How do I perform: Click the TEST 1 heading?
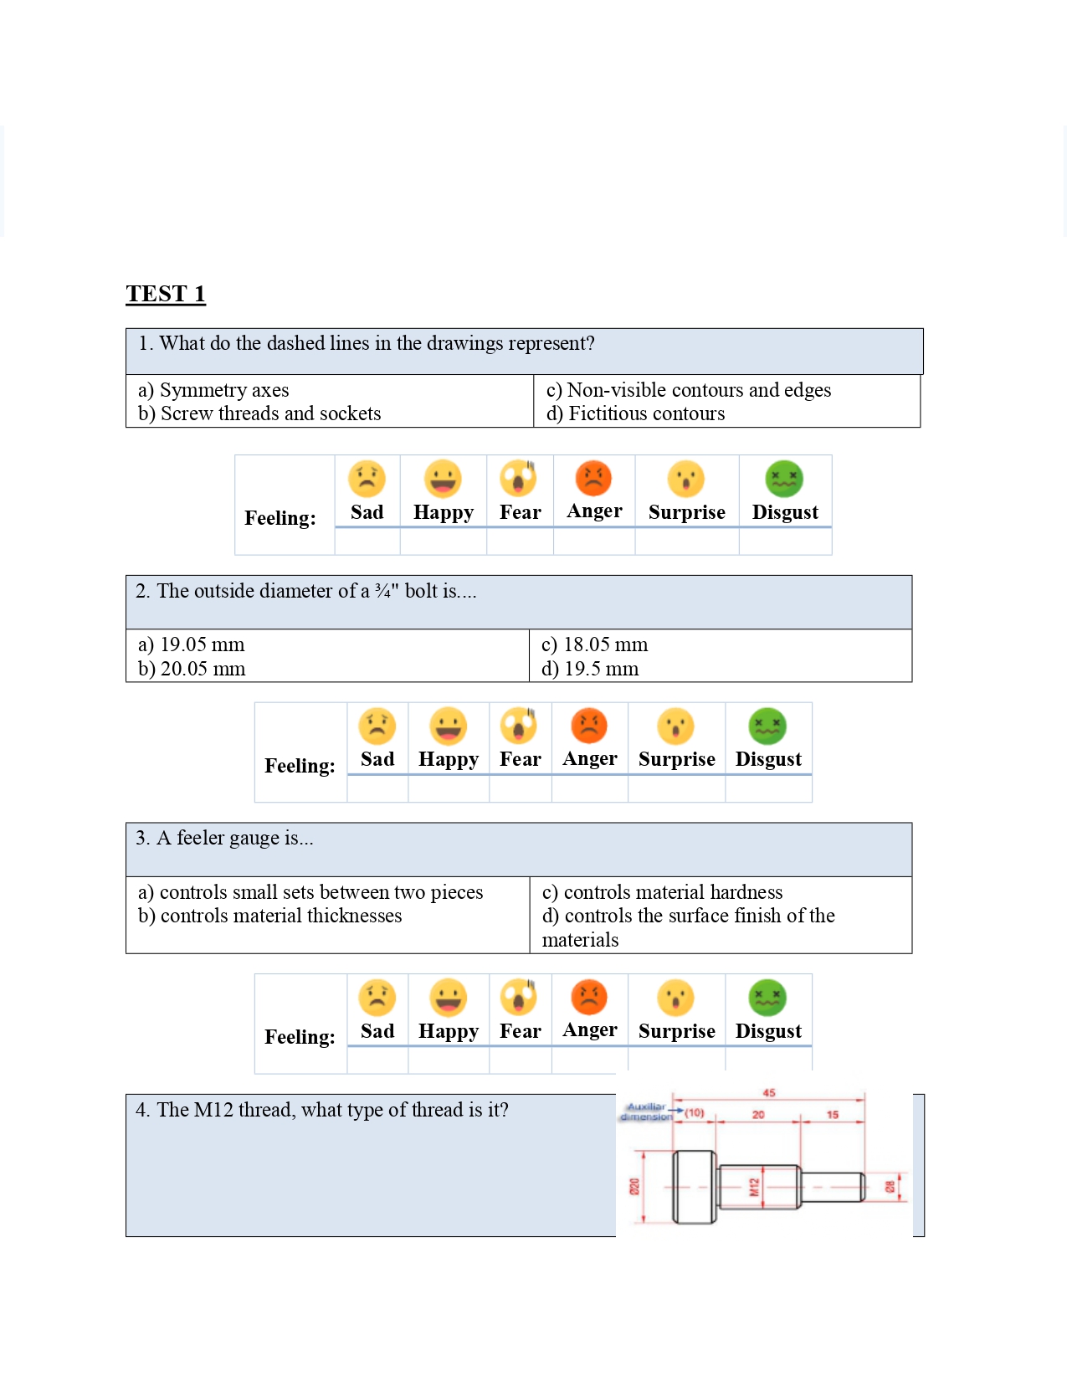pyautogui.click(x=166, y=294)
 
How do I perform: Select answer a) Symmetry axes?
pyautogui.click(x=213, y=390)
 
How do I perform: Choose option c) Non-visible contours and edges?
pyautogui.click(x=688, y=390)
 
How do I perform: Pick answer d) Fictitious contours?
pyautogui.click(x=635, y=413)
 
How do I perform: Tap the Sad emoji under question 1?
pyautogui.click(x=367, y=479)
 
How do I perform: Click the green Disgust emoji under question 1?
pyautogui.click(x=784, y=479)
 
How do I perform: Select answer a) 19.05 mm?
pyautogui.click(x=192, y=644)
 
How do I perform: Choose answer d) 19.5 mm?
pyautogui.click(x=590, y=669)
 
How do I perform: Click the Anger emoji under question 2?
pyautogui.click(x=589, y=726)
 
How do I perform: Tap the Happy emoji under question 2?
pyautogui.click(x=449, y=726)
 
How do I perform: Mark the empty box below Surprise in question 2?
pyautogui.click(x=676, y=789)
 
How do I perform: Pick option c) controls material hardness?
pyautogui.click(x=662, y=892)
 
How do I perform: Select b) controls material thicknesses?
pyautogui.click(x=269, y=916)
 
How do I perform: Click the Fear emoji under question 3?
pyautogui.click(x=520, y=998)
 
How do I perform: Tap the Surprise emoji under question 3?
pyautogui.click(x=676, y=998)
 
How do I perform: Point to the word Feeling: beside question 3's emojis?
pyautogui.click(x=300, y=1037)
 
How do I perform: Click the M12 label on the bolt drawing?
pyautogui.click(x=754, y=1187)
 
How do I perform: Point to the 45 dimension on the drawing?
pyautogui.click(x=769, y=1092)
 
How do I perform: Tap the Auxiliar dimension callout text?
pyautogui.click(x=646, y=1111)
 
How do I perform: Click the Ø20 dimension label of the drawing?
pyautogui.click(x=634, y=1187)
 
